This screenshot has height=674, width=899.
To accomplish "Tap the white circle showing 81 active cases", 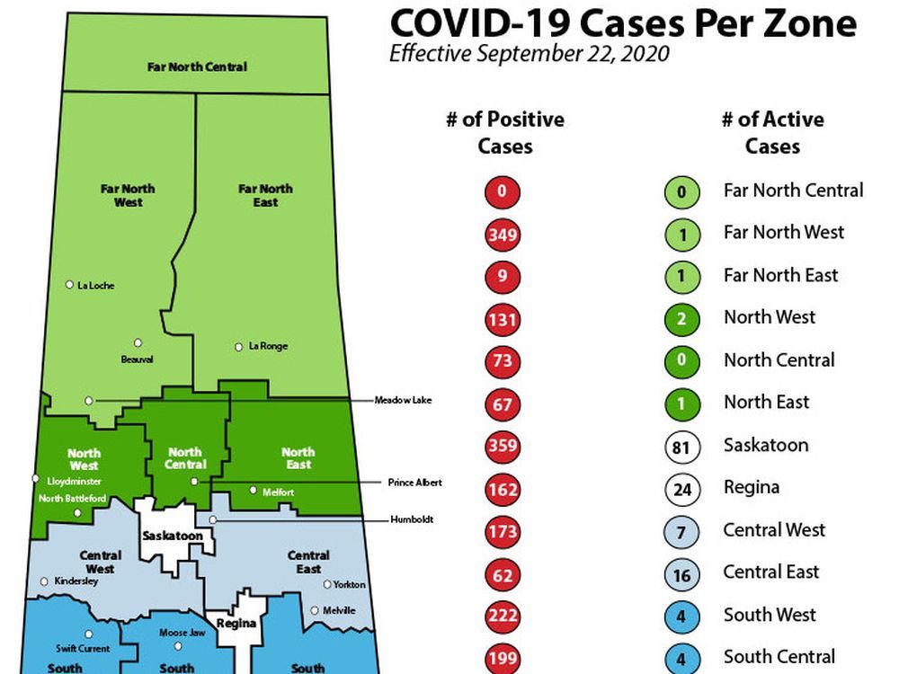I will pos(681,447).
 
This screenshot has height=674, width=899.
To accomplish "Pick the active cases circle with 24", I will pos(681,489).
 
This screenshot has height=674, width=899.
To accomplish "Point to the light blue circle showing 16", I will pos(681,573).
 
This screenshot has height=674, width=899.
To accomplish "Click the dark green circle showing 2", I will pos(681,319).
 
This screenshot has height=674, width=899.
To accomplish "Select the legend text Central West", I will pos(774,530).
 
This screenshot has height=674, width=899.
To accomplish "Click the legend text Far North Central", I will pos(793,191).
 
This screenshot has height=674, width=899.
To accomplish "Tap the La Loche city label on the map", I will pos(96,286).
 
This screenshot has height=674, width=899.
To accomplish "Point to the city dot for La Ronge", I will pos(239,346).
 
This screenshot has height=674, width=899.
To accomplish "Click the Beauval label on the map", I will pos(137,359).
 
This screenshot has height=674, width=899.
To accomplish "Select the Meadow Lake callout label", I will pos(403,400).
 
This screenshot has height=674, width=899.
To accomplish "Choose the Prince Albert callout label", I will pos(415,483).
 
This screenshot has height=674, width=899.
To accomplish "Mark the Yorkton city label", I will pos(349,585).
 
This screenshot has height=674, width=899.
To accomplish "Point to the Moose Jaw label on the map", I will pos(178,634).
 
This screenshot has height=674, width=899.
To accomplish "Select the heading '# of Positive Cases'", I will pos(504,132).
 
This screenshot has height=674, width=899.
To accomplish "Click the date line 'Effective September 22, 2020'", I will pos(529,54).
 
